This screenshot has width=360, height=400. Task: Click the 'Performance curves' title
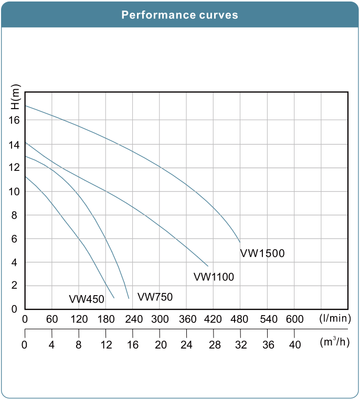(179, 15)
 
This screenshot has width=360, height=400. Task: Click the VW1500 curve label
(262, 254)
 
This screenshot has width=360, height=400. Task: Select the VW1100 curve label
(214, 277)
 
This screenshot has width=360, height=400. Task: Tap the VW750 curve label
(155, 297)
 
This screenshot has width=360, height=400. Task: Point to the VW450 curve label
(87, 299)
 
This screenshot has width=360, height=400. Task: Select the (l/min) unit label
(333, 318)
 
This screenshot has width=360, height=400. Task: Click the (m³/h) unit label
(334, 342)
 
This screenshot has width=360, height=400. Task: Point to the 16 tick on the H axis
(14, 120)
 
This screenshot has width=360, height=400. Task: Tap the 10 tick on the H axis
(14, 192)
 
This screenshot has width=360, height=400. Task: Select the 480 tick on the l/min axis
(240, 319)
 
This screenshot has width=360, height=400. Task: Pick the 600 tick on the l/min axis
(294, 319)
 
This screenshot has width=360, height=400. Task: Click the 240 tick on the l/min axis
(133, 319)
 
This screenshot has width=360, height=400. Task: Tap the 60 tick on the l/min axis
(52, 319)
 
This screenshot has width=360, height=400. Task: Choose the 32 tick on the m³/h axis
(240, 344)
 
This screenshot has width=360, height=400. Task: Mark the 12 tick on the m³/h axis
(106, 344)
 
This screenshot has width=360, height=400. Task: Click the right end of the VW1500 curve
(240, 242)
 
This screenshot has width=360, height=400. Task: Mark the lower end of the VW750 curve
(129, 298)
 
